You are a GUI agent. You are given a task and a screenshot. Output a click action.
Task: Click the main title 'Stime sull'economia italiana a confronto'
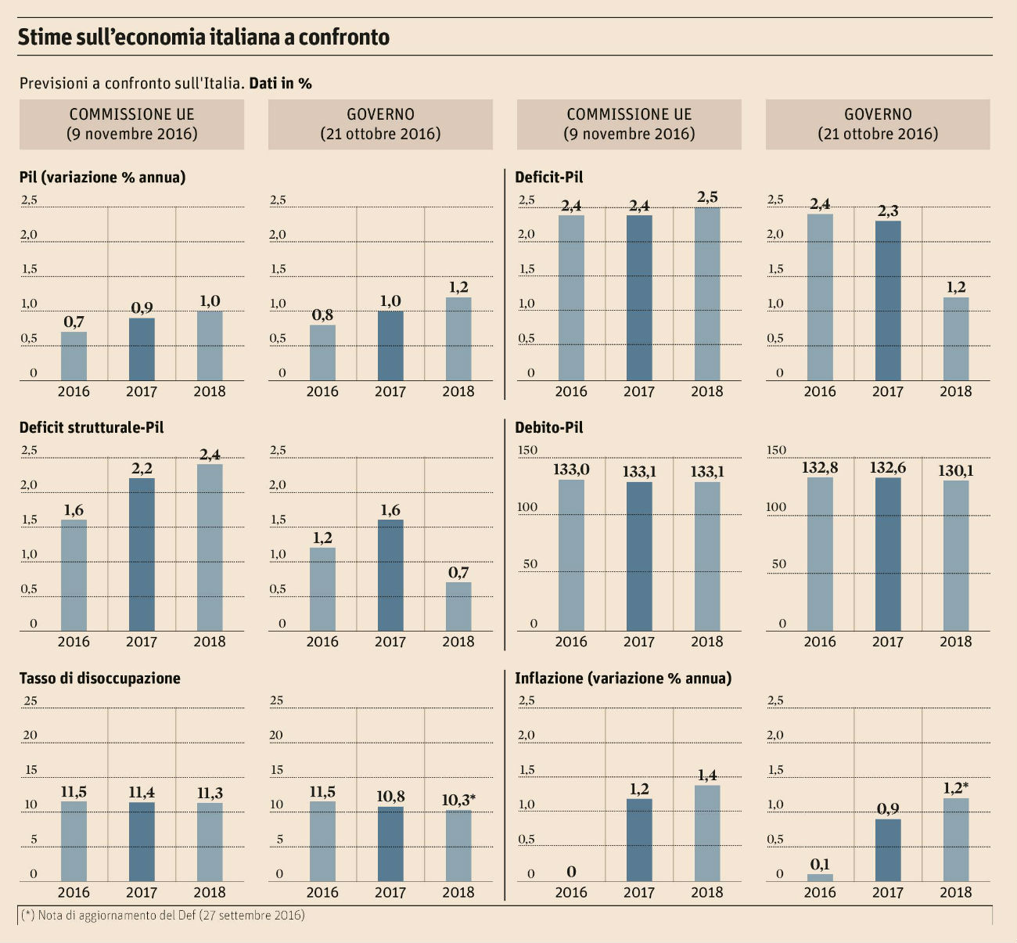pyautogui.click(x=203, y=37)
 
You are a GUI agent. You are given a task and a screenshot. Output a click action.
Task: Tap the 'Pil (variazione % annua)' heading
pyautogui.click(x=102, y=178)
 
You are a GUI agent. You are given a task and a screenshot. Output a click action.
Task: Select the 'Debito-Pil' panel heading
pyautogui.click(x=549, y=428)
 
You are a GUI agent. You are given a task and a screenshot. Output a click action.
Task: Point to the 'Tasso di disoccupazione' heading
pyautogui.click(x=100, y=678)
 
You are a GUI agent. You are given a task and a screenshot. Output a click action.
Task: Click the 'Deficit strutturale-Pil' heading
pyautogui.click(x=92, y=428)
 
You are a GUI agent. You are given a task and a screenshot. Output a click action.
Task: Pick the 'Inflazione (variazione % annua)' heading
pyautogui.click(x=623, y=678)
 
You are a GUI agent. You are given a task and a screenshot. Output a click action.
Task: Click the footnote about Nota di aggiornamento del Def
pyautogui.click(x=161, y=915)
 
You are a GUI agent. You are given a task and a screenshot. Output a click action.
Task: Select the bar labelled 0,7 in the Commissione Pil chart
pyautogui.click(x=74, y=356)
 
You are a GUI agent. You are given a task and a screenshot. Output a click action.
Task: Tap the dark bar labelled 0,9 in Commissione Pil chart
pyautogui.click(x=142, y=349)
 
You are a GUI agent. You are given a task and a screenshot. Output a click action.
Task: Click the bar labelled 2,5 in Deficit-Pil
pyautogui.click(x=707, y=293)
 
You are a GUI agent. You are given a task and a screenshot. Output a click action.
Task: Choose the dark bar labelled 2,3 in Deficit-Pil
pyautogui.click(x=888, y=301)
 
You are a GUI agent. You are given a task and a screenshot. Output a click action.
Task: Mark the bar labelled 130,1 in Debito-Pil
pyautogui.click(x=956, y=556)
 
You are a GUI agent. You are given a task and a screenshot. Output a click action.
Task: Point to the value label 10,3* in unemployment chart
pyautogui.click(x=458, y=800)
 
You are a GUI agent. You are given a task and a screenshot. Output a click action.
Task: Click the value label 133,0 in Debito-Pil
pyautogui.click(x=571, y=470)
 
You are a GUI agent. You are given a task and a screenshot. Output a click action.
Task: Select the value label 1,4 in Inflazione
pyautogui.click(x=707, y=776)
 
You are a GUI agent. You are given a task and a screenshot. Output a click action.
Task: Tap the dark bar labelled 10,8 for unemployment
pyautogui.click(x=390, y=844)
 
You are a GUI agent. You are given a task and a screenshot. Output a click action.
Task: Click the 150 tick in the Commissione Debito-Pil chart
pyautogui.click(x=528, y=450)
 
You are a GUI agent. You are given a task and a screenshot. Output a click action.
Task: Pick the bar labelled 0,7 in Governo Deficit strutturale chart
pyautogui.click(x=458, y=606)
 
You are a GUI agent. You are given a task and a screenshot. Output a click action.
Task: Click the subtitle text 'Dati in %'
pyautogui.click(x=281, y=83)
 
